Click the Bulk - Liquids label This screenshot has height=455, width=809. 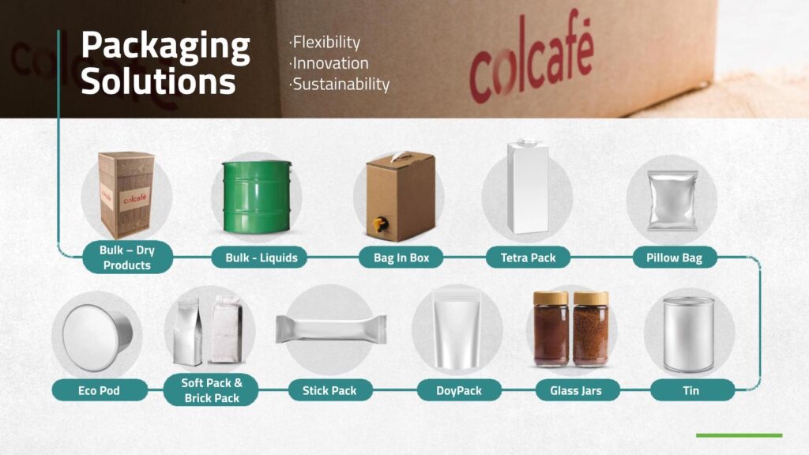click(259, 258)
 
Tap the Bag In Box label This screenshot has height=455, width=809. click(401, 258)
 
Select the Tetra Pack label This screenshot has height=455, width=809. click(528, 258)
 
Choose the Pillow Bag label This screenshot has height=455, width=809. click(675, 258)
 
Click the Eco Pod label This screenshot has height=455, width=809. click(99, 390)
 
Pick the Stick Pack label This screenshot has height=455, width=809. click(329, 390)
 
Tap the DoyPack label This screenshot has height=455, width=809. click(459, 390)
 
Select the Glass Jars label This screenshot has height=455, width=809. click(576, 390)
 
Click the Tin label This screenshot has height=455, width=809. click(692, 390)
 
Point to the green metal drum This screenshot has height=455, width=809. click(257, 197)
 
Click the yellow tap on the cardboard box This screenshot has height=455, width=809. click(380, 224)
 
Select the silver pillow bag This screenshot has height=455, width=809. click(673, 201)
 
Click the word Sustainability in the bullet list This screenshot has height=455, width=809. click(341, 84)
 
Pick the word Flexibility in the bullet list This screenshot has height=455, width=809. click(326, 43)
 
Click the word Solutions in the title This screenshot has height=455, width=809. click(158, 81)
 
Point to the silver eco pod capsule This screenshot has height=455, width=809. click(97, 337)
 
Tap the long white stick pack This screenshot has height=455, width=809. click(331, 329)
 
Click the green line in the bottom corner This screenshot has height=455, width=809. click(739, 435)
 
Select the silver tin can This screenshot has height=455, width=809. click(689, 334)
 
